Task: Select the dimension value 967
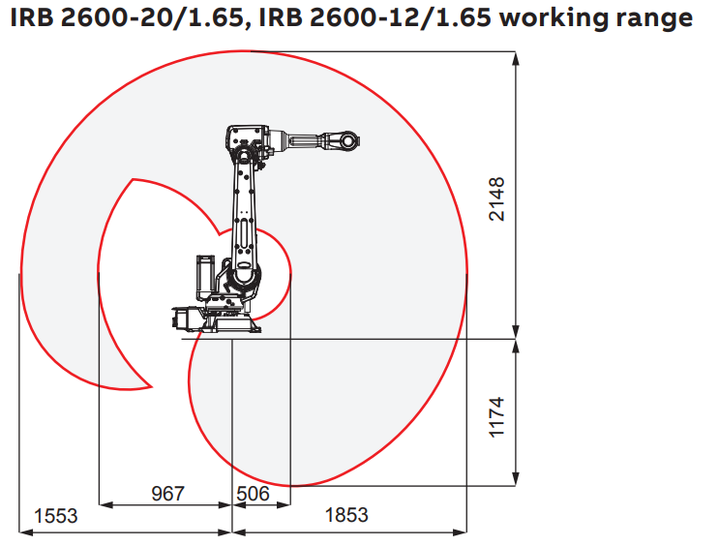(x=167, y=494)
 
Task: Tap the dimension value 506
(x=255, y=494)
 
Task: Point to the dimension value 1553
(x=55, y=515)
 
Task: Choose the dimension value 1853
(x=345, y=515)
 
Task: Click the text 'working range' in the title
(x=597, y=18)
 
